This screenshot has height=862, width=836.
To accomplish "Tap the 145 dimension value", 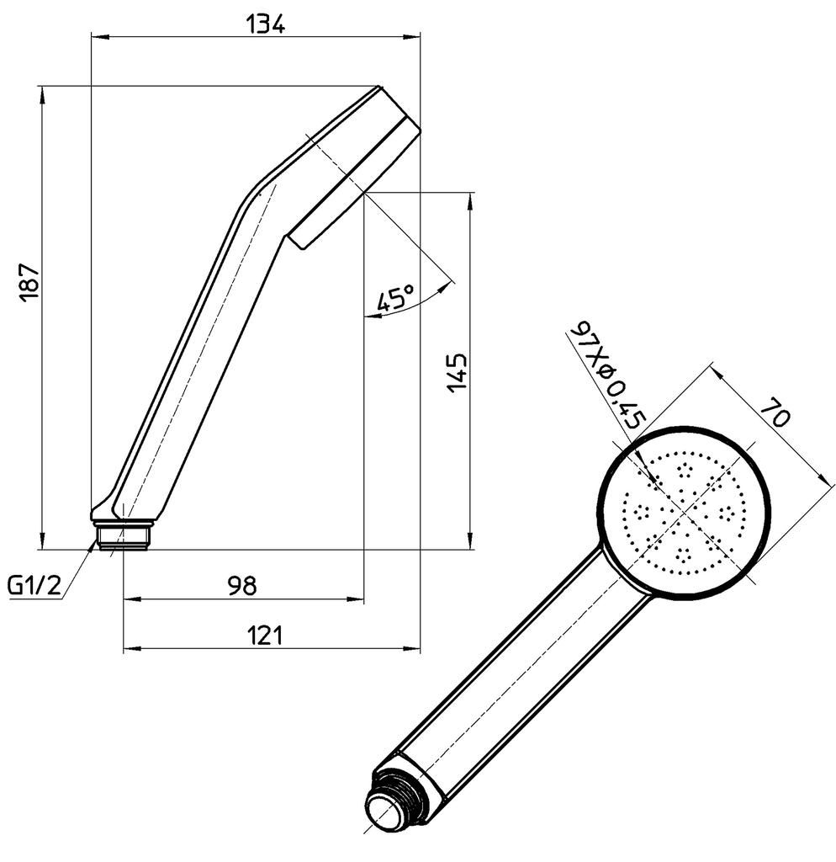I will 457,372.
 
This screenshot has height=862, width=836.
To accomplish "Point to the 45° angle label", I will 395,299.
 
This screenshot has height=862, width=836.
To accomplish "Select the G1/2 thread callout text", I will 35,586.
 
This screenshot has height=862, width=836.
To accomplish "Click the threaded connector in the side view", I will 124,536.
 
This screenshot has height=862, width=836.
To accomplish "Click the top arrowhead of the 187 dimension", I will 41,93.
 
